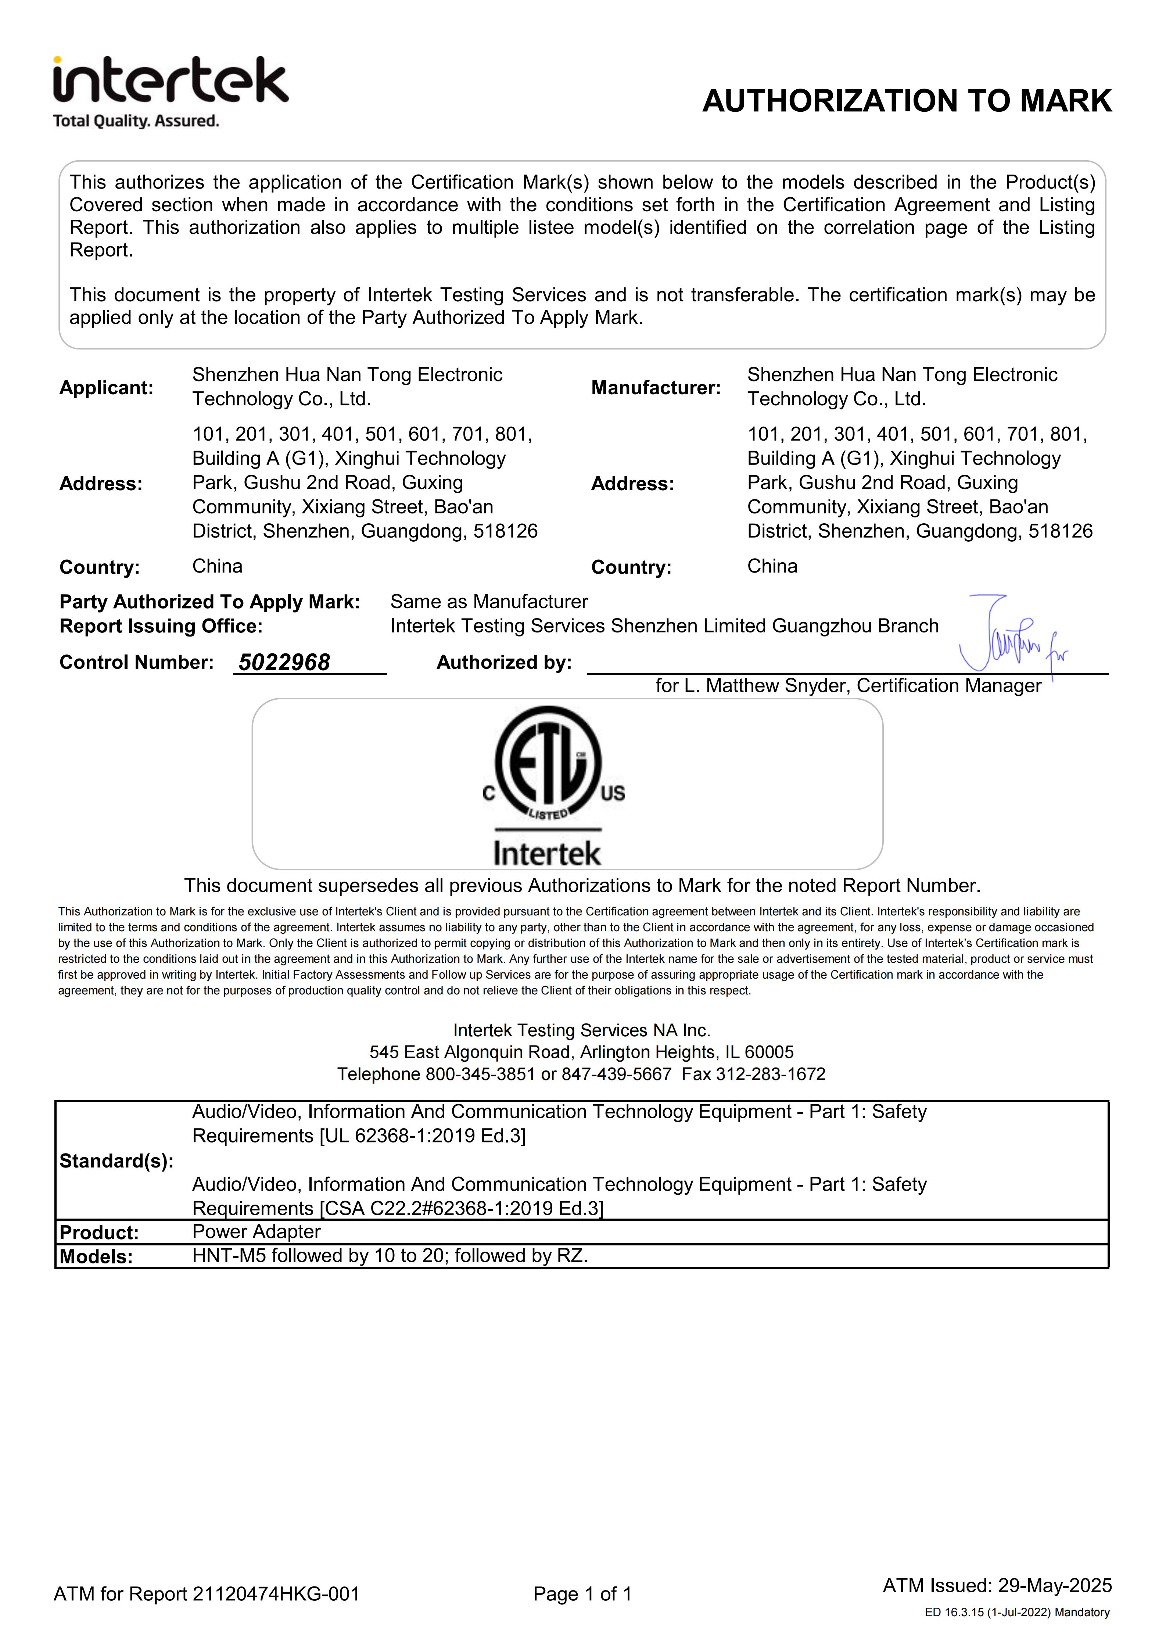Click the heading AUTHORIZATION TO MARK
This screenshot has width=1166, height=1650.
point(907,101)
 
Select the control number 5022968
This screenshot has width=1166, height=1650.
point(284,662)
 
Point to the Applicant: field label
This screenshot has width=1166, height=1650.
point(106,388)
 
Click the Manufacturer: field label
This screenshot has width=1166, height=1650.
point(655,388)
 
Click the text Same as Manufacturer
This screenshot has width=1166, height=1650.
point(488,602)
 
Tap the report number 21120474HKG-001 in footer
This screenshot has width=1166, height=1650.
point(276,1593)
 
